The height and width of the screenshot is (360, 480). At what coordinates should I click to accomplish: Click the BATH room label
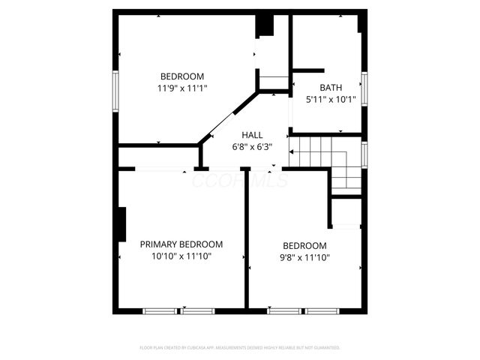pos(331,87)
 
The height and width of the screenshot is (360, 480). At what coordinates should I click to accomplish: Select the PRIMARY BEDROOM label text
pos(181,244)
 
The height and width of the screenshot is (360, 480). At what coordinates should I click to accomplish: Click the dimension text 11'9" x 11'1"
pos(182,88)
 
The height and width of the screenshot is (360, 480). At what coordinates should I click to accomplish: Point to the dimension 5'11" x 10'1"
pos(331,99)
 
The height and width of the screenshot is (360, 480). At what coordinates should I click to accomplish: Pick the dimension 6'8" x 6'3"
pos(251,147)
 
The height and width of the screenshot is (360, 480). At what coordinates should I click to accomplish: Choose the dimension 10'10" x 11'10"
pos(181,256)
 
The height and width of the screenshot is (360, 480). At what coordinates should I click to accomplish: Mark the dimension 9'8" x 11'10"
pos(304,257)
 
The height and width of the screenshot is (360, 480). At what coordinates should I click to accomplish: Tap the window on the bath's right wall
pos(364,88)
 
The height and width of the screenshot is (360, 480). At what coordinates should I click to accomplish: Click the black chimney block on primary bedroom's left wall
pos(120,223)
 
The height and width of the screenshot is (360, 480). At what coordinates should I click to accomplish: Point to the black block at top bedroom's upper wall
pos(265,24)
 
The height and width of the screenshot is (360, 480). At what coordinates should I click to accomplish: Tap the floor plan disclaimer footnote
pos(240,348)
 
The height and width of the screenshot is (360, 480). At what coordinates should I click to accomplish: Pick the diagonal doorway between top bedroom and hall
pos(228,116)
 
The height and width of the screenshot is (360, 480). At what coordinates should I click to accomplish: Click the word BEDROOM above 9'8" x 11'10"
pos(304,246)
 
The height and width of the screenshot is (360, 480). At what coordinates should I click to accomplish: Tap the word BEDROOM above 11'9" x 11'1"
pos(182,76)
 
